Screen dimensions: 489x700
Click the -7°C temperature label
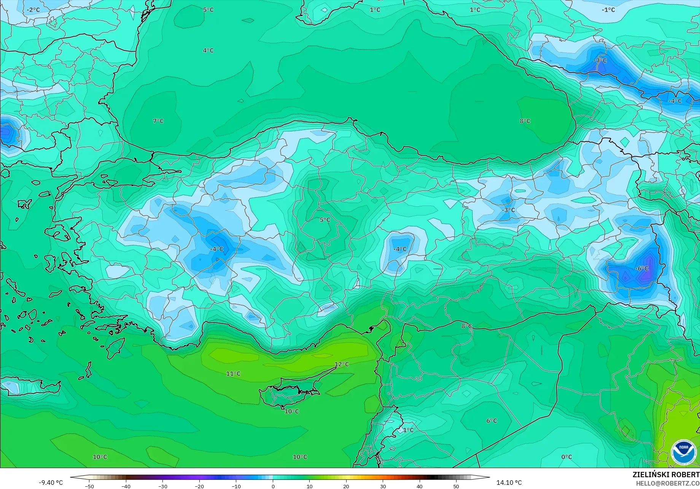click(x=600, y=60)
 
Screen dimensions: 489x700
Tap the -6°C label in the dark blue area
click(x=641, y=268)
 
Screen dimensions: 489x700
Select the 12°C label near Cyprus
click(x=342, y=364)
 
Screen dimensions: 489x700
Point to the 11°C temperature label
click(x=233, y=373)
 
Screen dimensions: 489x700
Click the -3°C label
click(x=508, y=210)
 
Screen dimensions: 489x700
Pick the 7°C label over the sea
click(x=158, y=121)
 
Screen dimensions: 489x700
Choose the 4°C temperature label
click(x=208, y=50)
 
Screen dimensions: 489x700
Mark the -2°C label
click(x=33, y=10)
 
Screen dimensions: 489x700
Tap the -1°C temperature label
click(x=608, y=10)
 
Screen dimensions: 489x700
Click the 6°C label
click(x=492, y=421)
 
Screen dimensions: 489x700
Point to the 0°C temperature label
click(x=566, y=457)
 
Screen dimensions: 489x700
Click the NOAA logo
click(x=683, y=452)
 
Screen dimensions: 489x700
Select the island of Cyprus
click(x=289, y=391)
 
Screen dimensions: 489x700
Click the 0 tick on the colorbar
click(x=273, y=486)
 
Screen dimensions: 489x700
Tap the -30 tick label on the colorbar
click(x=162, y=486)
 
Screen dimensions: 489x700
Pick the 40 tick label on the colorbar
click(x=419, y=486)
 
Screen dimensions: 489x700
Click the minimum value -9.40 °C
click(x=51, y=483)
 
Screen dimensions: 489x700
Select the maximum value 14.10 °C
click(x=509, y=483)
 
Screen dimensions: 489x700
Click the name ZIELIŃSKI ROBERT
click(x=666, y=475)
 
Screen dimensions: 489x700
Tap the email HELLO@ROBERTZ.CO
click(x=668, y=483)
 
